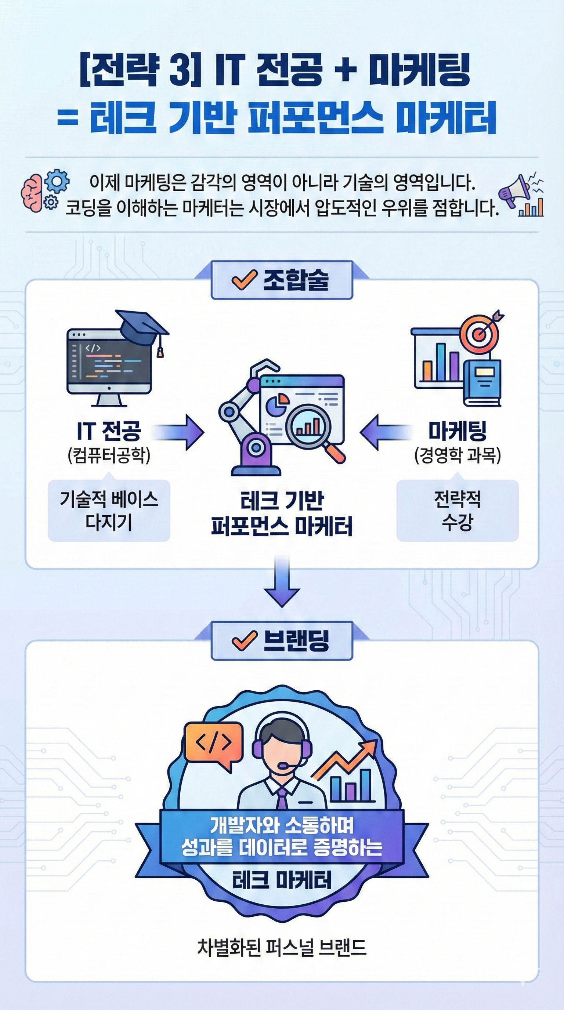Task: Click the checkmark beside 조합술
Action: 244,280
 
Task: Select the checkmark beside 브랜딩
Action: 244,641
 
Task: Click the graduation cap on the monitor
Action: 144,329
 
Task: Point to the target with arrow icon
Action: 480,331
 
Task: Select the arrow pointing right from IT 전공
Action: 178,432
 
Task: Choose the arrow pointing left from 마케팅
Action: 386,432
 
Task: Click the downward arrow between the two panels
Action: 282,582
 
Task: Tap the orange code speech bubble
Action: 213,744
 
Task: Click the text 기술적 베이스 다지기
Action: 109,511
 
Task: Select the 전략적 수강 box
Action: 457,511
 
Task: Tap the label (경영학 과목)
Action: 457,455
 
